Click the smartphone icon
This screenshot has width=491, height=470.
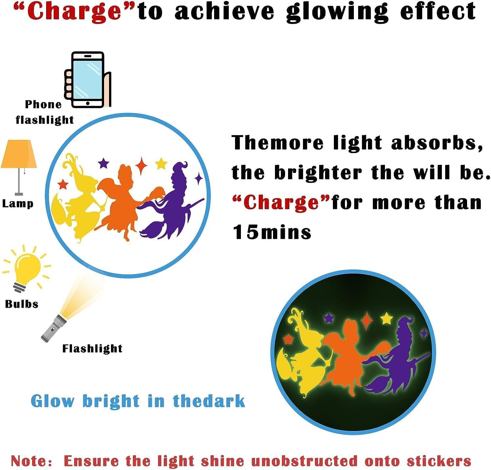click(88, 79)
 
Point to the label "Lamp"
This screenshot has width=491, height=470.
click(18, 203)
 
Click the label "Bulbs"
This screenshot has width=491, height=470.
click(22, 304)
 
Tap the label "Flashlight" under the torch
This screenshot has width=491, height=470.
click(92, 348)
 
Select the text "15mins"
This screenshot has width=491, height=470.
click(272, 232)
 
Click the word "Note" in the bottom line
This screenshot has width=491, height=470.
click(29, 461)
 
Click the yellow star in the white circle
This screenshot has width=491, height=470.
click(161, 164)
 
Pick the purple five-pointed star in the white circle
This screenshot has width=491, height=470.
click(103, 163)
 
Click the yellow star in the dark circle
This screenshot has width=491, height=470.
click(387, 318)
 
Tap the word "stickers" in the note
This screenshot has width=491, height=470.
click(439, 461)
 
